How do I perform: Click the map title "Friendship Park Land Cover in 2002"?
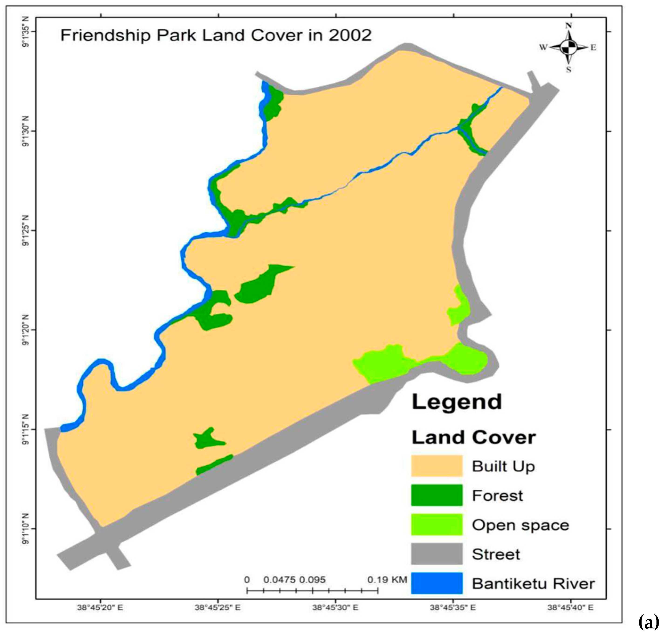[216, 35]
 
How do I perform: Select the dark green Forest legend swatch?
[437, 495]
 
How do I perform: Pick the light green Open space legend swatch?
[437, 525]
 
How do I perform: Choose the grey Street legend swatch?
[437, 554]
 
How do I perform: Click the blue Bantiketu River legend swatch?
[437, 583]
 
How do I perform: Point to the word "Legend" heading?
[456, 402]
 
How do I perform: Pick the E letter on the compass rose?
[593, 48]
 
